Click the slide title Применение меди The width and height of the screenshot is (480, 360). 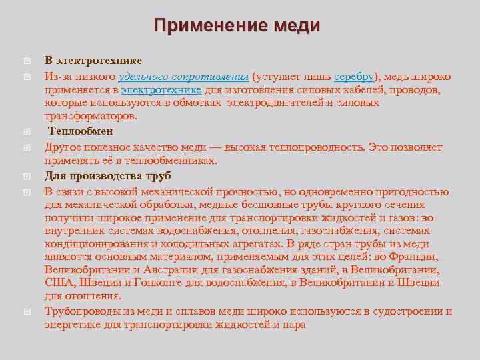[237, 26]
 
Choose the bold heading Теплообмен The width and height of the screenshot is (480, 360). [80, 131]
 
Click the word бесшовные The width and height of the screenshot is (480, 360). [267, 205]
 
